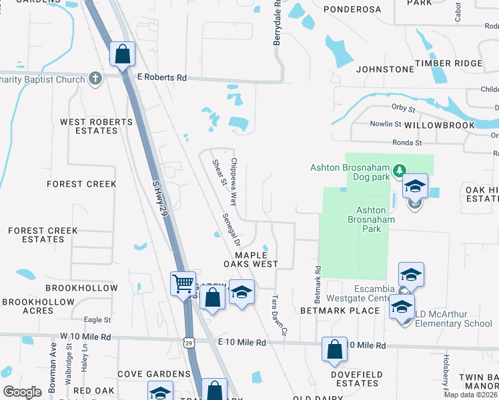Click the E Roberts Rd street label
pyautogui.click(x=161, y=77)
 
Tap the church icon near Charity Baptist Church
pyautogui.click(x=95, y=79)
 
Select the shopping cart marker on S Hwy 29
pyautogui.click(x=182, y=284)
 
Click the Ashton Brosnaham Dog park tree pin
pyautogui.click(x=399, y=171)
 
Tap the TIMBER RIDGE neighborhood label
pyautogui.click(x=448, y=63)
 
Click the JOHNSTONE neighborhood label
pyautogui.click(x=385, y=69)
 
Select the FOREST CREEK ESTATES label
pyautogui.click(x=43, y=235)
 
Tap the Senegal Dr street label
pyautogui.click(x=230, y=229)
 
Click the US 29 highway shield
pyautogui.click(x=189, y=343)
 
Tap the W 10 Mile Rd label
pyautogui.click(x=83, y=336)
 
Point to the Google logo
pyautogui.click(x=22, y=392)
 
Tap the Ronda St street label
pyautogui.click(x=408, y=143)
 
